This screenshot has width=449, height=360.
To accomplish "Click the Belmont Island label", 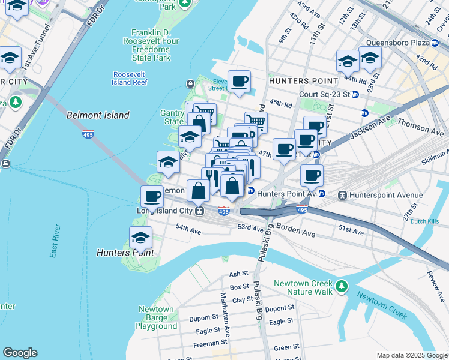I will click(98, 115).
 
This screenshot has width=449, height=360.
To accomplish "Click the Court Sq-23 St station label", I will click(324, 94).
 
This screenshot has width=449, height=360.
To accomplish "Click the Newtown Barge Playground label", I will click(156, 318).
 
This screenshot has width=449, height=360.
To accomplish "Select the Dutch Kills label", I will click(425, 221).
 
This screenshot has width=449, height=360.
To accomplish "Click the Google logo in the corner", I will click(20, 353).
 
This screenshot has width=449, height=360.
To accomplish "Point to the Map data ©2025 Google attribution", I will click(412, 355).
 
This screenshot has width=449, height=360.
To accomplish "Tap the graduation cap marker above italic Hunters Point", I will click(141, 238).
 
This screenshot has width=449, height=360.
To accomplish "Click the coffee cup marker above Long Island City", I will click(152, 196).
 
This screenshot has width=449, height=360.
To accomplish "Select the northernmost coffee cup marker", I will click(239, 81).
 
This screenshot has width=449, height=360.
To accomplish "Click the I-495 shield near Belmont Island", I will click(88, 134).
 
